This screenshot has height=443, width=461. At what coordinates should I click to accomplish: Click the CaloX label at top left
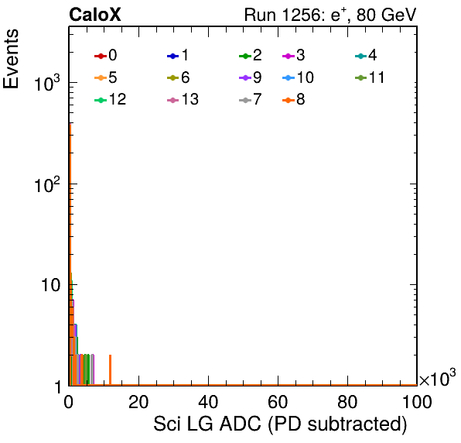click(95, 15)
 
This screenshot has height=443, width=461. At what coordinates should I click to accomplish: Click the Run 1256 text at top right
click(330, 15)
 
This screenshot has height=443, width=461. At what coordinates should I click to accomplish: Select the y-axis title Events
click(11, 59)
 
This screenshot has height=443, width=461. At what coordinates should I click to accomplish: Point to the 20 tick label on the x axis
click(138, 402)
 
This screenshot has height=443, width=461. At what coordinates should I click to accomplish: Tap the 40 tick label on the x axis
click(208, 402)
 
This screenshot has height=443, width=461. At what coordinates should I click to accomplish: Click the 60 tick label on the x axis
click(278, 402)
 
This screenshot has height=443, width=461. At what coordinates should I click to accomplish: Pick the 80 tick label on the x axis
click(347, 402)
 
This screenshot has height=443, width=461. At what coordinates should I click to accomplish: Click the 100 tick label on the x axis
click(417, 402)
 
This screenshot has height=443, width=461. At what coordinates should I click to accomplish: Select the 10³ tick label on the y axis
click(47, 84)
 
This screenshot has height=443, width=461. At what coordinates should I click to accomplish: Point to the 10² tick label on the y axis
click(47, 185)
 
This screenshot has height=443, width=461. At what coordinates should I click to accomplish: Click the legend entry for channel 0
click(106, 56)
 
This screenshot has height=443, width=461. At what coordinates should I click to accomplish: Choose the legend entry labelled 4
click(367, 56)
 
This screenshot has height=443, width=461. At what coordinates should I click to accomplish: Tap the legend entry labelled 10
click(298, 78)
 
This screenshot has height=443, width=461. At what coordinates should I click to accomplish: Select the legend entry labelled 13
click(183, 100)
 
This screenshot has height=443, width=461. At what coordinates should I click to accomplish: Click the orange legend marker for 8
click(289, 101)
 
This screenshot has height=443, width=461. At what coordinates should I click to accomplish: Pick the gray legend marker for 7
click(245, 101)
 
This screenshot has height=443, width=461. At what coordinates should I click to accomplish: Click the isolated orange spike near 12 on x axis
click(111, 369)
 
